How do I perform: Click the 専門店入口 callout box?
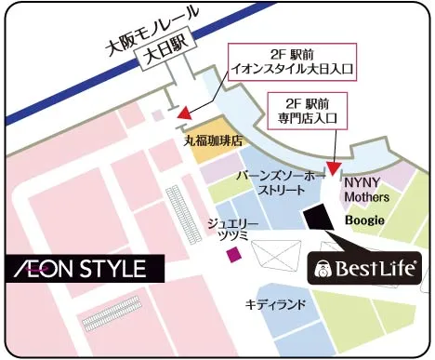[307, 112]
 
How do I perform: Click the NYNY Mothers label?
[366, 191]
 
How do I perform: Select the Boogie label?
[364, 220]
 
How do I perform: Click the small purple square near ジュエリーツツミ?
[234, 253]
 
